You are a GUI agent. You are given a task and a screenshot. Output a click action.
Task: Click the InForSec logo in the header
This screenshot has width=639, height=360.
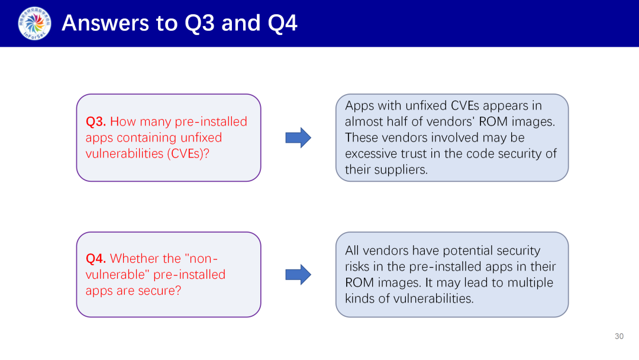pyautogui.click(x=34, y=23)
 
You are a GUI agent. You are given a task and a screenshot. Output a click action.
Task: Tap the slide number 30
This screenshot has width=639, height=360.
pyautogui.click(x=619, y=336)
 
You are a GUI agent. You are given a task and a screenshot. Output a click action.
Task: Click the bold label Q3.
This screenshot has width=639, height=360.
pyautogui.click(x=96, y=121)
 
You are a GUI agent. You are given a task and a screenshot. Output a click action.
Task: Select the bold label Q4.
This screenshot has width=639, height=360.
pyautogui.click(x=96, y=258)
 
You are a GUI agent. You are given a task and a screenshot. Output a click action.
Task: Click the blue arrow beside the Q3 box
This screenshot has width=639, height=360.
pyautogui.click(x=298, y=137)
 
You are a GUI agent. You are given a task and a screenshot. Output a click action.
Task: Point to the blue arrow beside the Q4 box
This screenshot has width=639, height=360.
pyautogui.click(x=298, y=274)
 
